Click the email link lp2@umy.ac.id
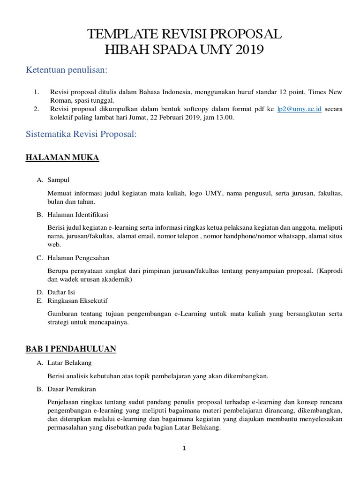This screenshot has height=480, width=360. (x=299, y=109)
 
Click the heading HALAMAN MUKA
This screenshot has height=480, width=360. (x=62, y=158)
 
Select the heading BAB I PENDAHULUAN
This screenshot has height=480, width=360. (x=71, y=349)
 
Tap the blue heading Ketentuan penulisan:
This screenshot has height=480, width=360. (x=66, y=70)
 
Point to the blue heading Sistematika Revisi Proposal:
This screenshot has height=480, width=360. (x=81, y=135)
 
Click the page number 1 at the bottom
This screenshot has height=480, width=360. (x=184, y=448)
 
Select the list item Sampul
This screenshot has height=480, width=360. (x=59, y=180)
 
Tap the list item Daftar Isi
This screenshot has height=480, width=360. (x=61, y=292)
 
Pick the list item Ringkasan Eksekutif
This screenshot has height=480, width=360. (x=78, y=300)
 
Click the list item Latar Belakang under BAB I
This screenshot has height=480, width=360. (x=69, y=362)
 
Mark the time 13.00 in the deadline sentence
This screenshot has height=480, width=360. (x=225, y=118)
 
